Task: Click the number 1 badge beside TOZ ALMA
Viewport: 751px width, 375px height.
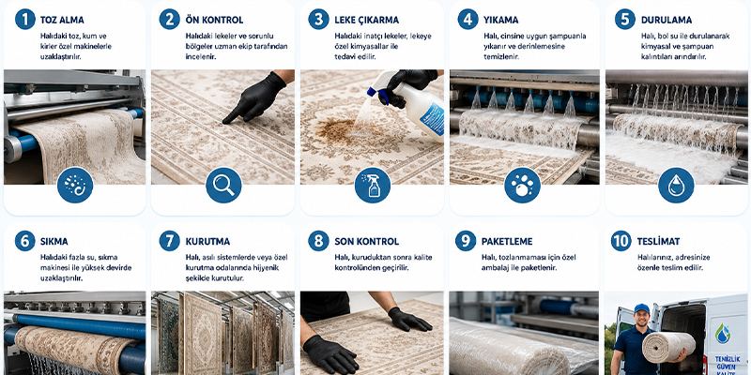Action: coord(25,20)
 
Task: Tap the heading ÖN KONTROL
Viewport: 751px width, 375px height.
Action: coord(214,20)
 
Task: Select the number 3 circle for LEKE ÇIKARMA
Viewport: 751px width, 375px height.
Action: coord(318,20)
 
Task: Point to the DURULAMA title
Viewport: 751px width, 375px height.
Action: coord(667,20)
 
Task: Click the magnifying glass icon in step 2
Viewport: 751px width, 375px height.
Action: coord(223,185)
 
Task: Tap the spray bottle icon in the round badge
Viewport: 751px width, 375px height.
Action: coord(373,185)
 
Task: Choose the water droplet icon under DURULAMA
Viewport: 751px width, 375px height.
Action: coord(676,185)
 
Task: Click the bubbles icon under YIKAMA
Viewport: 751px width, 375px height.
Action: coord(523,185)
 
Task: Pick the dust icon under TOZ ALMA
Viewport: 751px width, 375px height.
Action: coord(75,185)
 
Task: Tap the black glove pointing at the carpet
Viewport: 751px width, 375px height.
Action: coord(255,97)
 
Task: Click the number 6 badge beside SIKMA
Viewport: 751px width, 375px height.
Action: coord(25,241)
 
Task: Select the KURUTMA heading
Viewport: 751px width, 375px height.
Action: coord(207,242)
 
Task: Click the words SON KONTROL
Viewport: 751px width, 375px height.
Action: coord(366,242)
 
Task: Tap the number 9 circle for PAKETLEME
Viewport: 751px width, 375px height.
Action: coord(466,241)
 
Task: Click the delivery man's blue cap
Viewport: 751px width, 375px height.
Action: coord(641,309)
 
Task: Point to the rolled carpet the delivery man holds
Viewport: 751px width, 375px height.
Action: coord(668,347)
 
